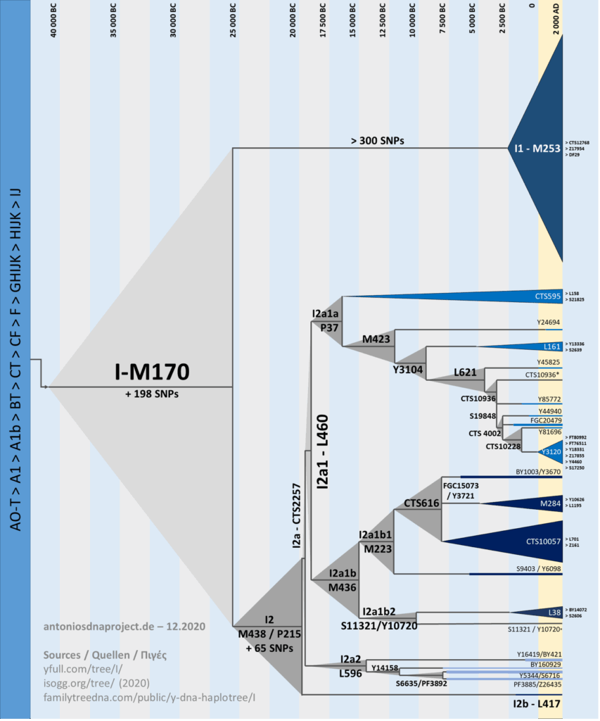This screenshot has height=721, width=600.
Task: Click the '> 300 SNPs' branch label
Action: point(377,140)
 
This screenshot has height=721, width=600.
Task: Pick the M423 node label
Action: point(376,339)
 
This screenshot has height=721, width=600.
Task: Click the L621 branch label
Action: point(466,371)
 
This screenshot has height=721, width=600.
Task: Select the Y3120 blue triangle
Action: point(550,451)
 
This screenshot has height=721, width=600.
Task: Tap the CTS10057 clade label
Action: point(543,541)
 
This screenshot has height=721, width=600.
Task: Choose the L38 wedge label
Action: point(554,613)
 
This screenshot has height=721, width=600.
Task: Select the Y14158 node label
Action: point(385,667)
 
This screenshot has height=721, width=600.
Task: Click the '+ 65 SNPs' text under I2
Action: point(269,646)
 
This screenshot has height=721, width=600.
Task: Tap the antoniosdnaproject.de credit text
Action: point(124,625)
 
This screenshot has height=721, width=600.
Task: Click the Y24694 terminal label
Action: point(549,322)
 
